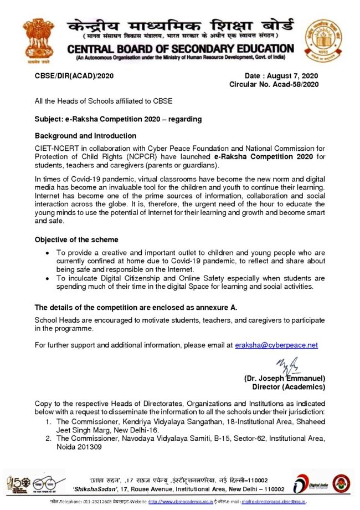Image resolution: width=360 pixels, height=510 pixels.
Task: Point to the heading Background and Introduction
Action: point(85,136)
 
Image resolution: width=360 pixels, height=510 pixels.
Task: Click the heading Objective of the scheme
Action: point(76,239)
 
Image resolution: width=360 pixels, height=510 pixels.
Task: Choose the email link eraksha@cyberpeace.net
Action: point(276,345)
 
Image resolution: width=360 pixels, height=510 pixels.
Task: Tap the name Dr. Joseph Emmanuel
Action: point(285,378)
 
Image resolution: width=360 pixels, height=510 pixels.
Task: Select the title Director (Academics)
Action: point(289,386)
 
